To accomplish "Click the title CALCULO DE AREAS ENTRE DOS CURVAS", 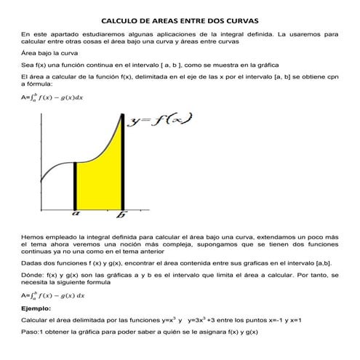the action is point(179,22).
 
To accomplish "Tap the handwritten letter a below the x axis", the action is point(75,215).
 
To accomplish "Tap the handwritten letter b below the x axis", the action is point(121,215).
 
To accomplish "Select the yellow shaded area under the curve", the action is point(102,182).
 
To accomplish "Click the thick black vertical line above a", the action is point(75,185).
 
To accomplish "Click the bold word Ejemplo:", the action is point(36,308).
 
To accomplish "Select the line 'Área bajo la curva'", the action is point(49,53).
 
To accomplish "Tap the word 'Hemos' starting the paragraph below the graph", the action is point(33,237).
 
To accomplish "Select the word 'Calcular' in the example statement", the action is point(36,320).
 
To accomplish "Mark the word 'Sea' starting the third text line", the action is point(27,65).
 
